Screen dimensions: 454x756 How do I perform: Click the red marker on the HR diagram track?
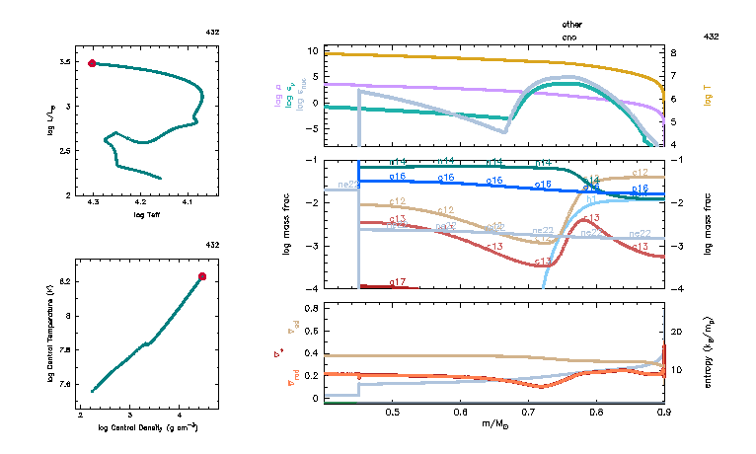(x=93, y=63)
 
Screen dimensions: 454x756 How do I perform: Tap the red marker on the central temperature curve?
(x=202, y=276)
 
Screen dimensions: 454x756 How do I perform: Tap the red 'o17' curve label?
(x=398, y=282)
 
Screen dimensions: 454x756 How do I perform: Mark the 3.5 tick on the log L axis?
(x=63, y=62)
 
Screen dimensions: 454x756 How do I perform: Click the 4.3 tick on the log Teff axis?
(x=93, y=202)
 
